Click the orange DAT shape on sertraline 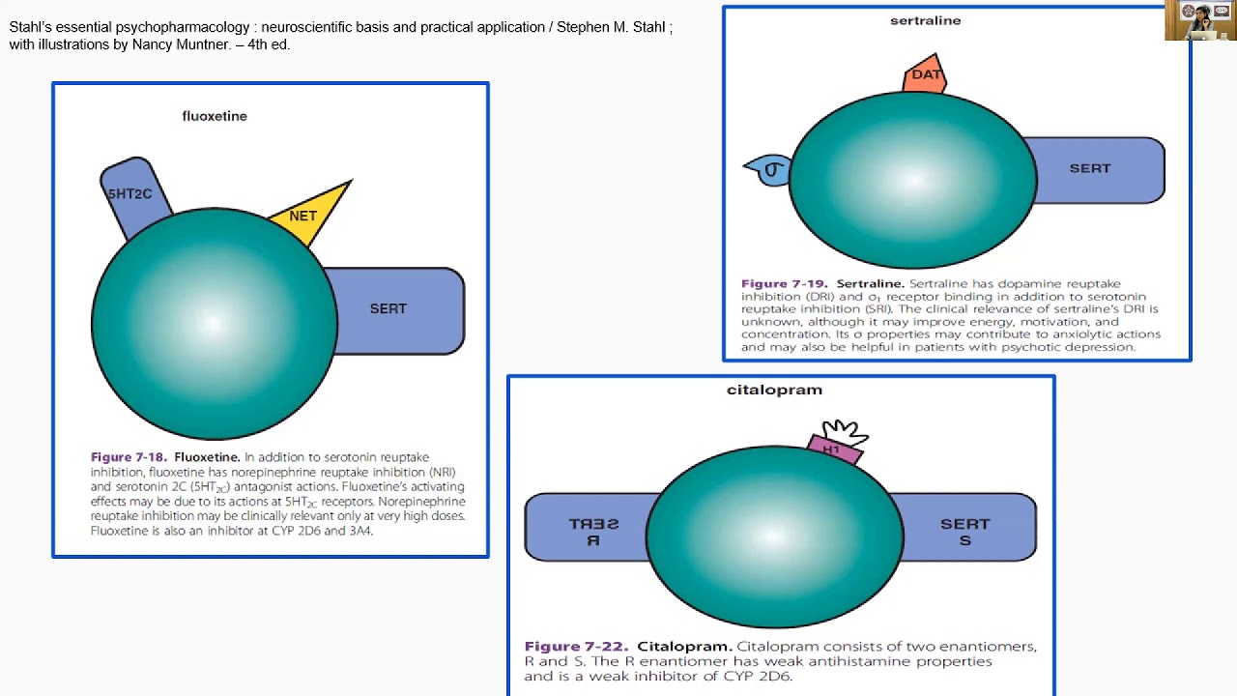(925, 75)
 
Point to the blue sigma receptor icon (770, 171)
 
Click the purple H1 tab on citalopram (833, 449)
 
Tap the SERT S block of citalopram (966, 531)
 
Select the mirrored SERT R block (590, 531)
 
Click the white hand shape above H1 (844, 430)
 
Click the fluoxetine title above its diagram (215, 116)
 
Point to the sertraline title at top (925, 20)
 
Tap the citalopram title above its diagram (774, 390)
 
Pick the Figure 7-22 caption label (576, 646)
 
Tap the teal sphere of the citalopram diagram (774, 536)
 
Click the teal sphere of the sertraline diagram (913, 179)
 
